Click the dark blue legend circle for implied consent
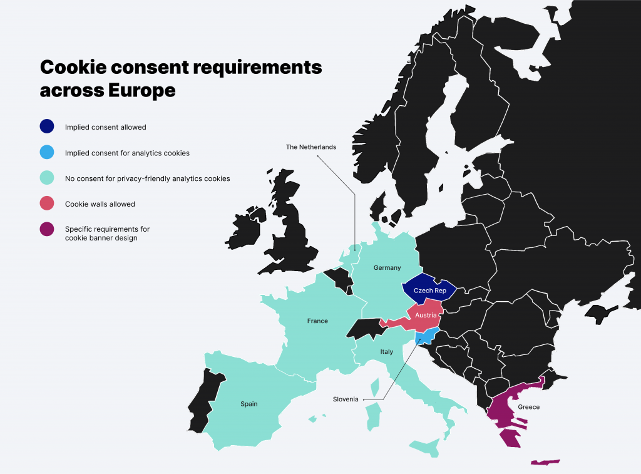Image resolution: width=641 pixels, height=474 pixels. tap(47, 126)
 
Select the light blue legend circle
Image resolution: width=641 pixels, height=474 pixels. tap(47, 152)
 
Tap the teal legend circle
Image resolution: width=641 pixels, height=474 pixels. tap(47, 178)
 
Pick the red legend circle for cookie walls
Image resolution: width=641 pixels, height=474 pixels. tap(47, 204)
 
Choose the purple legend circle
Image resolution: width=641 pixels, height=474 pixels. tap(47, 230)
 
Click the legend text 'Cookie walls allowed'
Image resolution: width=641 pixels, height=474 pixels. tap(100, 204)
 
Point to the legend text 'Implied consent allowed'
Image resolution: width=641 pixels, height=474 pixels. tap(105, 127)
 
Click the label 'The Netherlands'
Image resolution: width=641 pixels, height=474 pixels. tap(311, 147)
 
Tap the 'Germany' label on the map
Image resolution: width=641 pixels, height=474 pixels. tap(387, 268)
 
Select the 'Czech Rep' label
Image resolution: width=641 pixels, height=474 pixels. tap(429, 291)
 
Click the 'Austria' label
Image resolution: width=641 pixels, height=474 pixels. tap(426, 316)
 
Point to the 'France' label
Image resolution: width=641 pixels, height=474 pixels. tap(317, 321)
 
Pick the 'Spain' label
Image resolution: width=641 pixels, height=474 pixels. tap(249, 404)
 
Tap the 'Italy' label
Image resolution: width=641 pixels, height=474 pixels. tap(387, 352)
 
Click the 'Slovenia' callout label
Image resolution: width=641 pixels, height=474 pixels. tap(346, 399)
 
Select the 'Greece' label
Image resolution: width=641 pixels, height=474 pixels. tap(528, 407)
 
